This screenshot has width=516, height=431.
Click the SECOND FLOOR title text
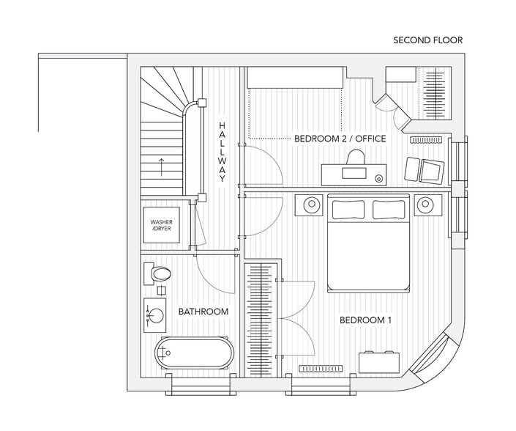coord(427,40)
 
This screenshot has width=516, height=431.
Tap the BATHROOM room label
coord(203,312)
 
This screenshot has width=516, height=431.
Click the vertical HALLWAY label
coord(222,152)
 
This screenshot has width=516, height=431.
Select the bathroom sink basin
coord(155,315)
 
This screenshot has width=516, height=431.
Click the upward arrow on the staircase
coord(160,165)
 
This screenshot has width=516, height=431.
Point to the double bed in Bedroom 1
coord(368,242)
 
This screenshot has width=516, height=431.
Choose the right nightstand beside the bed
coord(425,205)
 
